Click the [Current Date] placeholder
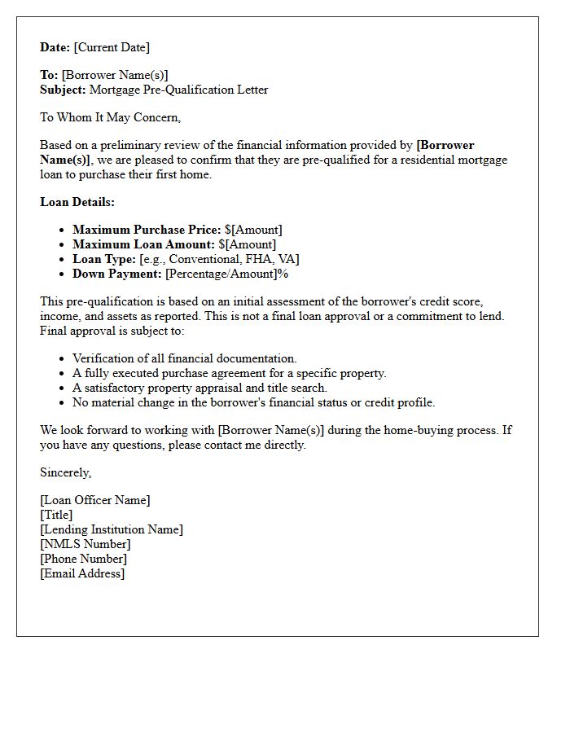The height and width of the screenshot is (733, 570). click(112, 47)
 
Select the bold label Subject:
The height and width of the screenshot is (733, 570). click(63, 90)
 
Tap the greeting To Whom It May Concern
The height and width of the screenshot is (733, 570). click(110, 117)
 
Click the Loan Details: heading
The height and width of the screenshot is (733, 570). click(77, 202)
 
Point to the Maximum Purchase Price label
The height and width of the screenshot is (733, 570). click(147, 230)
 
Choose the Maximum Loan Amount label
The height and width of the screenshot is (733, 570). click(143, 244)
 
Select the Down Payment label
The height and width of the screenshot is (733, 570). click(117, 274)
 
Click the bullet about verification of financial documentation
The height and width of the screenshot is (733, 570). click(185, 358)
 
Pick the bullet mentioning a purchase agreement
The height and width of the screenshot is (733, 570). click(229, 373)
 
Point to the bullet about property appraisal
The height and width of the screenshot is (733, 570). click(199, 388)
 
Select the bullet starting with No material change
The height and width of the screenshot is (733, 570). click(253, 402)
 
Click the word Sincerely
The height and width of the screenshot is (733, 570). click(65, 472)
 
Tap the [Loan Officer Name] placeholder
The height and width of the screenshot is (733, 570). click(94, 500)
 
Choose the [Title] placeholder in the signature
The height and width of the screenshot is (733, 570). click(56, 515)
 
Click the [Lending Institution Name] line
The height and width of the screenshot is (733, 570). click(111, 529)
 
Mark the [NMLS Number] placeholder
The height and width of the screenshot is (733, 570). click(85, 544)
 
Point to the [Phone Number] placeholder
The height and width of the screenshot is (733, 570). click(83, 559)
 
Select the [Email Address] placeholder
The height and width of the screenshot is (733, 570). click(82, 573)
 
